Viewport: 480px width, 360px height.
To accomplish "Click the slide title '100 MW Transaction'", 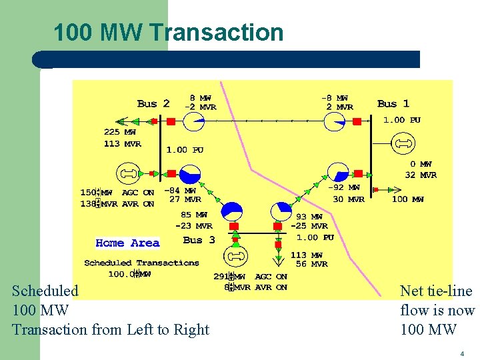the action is [x=168, y=32].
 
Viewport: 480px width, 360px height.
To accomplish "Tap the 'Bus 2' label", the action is [x=153, y=103].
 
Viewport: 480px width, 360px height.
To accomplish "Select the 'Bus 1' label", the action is [x=393, y=103].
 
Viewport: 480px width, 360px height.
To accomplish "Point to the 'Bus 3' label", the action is [x=199, y=240].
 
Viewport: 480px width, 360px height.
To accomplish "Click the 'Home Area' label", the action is [x=127, y=243].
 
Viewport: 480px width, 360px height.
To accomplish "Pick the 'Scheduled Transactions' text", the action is [x=141, y=263].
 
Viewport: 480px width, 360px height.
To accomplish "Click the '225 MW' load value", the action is [x=120, y=132].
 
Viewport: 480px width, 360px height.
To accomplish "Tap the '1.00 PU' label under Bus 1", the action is [x=402, y=120].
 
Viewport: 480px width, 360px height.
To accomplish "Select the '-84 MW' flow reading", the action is [x=181, y=189].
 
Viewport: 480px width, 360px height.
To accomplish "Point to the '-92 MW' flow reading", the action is [x=344, y=188].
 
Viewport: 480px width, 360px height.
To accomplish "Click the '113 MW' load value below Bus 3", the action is [x=307, y=255].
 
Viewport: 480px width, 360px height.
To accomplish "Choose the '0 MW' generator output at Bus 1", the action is [x=421, y=163].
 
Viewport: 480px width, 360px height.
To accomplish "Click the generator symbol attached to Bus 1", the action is [x=402, y=143].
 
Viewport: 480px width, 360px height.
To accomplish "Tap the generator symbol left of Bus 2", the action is [x=128, y=174].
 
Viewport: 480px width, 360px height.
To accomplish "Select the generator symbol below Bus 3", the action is [x=235, y=256].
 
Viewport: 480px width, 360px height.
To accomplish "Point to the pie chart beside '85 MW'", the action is [x=232, y=212].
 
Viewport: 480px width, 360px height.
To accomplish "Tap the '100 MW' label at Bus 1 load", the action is [x=408, y=199].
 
